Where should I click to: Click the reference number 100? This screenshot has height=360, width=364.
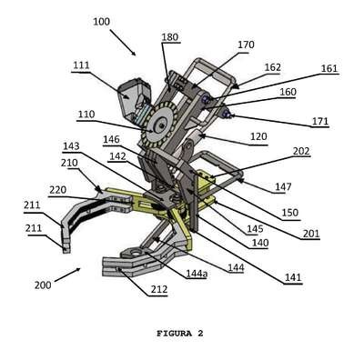pyautogui.click(x=101, y=22)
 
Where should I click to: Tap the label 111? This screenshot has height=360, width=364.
pyautogui.click(x=81, y=65)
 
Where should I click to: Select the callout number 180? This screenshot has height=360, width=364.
pyautogui.click(x=170, y=37)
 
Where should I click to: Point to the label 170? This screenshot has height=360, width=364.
pyautogui.click(x=246, y=45)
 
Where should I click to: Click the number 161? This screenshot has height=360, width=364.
pyautogui.click(x=329, y=68)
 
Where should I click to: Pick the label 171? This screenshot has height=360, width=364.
pyautogui.click(x=320, y=122)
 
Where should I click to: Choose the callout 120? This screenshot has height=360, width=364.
pyautogui.click(x=258, y=137)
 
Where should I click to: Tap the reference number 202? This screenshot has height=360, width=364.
pyautogui.click(x=301, y=151)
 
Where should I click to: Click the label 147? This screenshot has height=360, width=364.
pyautogui.click(x=283, y=187)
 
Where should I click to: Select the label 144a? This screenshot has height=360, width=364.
pyautogui.click(x=197, y=274)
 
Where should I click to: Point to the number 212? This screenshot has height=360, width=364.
pyautogui.click(x=158, y=290)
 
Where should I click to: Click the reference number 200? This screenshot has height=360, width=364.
pyautogui.click(x=43, y=285)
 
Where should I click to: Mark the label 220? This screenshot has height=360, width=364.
pyautogui.click(x=57, y=190)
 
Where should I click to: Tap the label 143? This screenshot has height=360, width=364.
pyautogui.click(x=71, y=146)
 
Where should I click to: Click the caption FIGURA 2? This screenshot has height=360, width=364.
pyautogui.click(x=180, y=334)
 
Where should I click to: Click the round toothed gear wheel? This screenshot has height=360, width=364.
pyautogui.click(x=159, y=125)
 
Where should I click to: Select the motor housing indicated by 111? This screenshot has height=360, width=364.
pyautogui.click(x=134, y=97)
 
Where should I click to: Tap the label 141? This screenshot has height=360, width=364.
pyautogui.click(x=293, y=277)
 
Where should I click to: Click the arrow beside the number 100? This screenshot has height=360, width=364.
pyautogui.click(x=123, y=43)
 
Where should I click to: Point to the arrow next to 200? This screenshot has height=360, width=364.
pyautogui.click(x=67, y=275)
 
